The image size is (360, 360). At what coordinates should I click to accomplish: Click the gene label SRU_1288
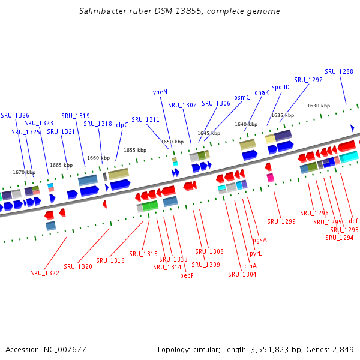coord(339,71)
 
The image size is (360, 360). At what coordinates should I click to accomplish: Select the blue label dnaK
coord(262,92)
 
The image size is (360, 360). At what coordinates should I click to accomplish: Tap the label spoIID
coord(281,87)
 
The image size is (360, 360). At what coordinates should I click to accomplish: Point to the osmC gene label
coord(242,97)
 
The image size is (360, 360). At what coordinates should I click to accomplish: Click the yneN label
coord(160,92)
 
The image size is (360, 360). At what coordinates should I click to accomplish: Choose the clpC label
coord(122,125)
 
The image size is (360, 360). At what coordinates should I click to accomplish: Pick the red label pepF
coord(187,276)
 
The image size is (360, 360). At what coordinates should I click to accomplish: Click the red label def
coord(353,220)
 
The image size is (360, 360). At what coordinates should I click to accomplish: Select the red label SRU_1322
coord(44,273)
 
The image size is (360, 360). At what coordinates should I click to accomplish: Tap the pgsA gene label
coord(260,240)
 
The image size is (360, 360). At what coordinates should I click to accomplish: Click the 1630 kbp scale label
coord(319,106)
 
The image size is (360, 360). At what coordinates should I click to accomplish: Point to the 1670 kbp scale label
coord(24,172)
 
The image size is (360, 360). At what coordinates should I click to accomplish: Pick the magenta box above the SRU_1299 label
coord(271,178)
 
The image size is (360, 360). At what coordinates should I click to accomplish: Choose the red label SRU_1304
coord(242,274)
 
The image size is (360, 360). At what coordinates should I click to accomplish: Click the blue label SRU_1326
coord(15,115)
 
